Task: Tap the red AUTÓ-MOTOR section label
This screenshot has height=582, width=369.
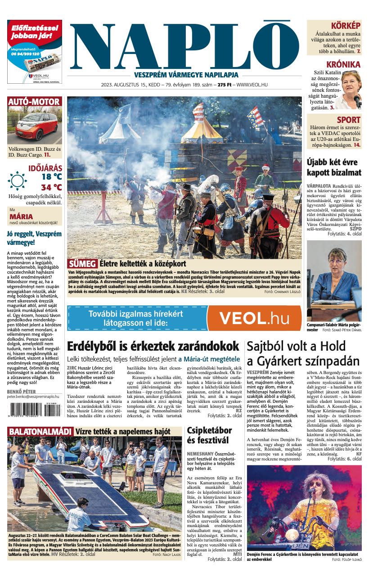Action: (34, 102)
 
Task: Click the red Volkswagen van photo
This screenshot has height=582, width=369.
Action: (34, 126)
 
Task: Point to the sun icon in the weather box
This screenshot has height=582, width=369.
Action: (18, 181)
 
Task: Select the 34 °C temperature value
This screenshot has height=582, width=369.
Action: (51, 187)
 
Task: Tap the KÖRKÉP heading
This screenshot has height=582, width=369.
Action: (345, 26)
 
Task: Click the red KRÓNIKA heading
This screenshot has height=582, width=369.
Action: (343, 64)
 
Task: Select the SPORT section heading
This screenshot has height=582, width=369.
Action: (348, 120)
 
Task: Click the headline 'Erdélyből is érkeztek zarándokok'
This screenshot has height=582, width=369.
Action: (153, 346)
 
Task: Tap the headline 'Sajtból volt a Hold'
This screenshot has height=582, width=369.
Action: (296, 346)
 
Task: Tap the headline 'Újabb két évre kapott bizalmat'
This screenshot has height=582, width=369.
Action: (333, 167)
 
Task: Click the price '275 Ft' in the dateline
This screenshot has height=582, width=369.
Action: (221, 85)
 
